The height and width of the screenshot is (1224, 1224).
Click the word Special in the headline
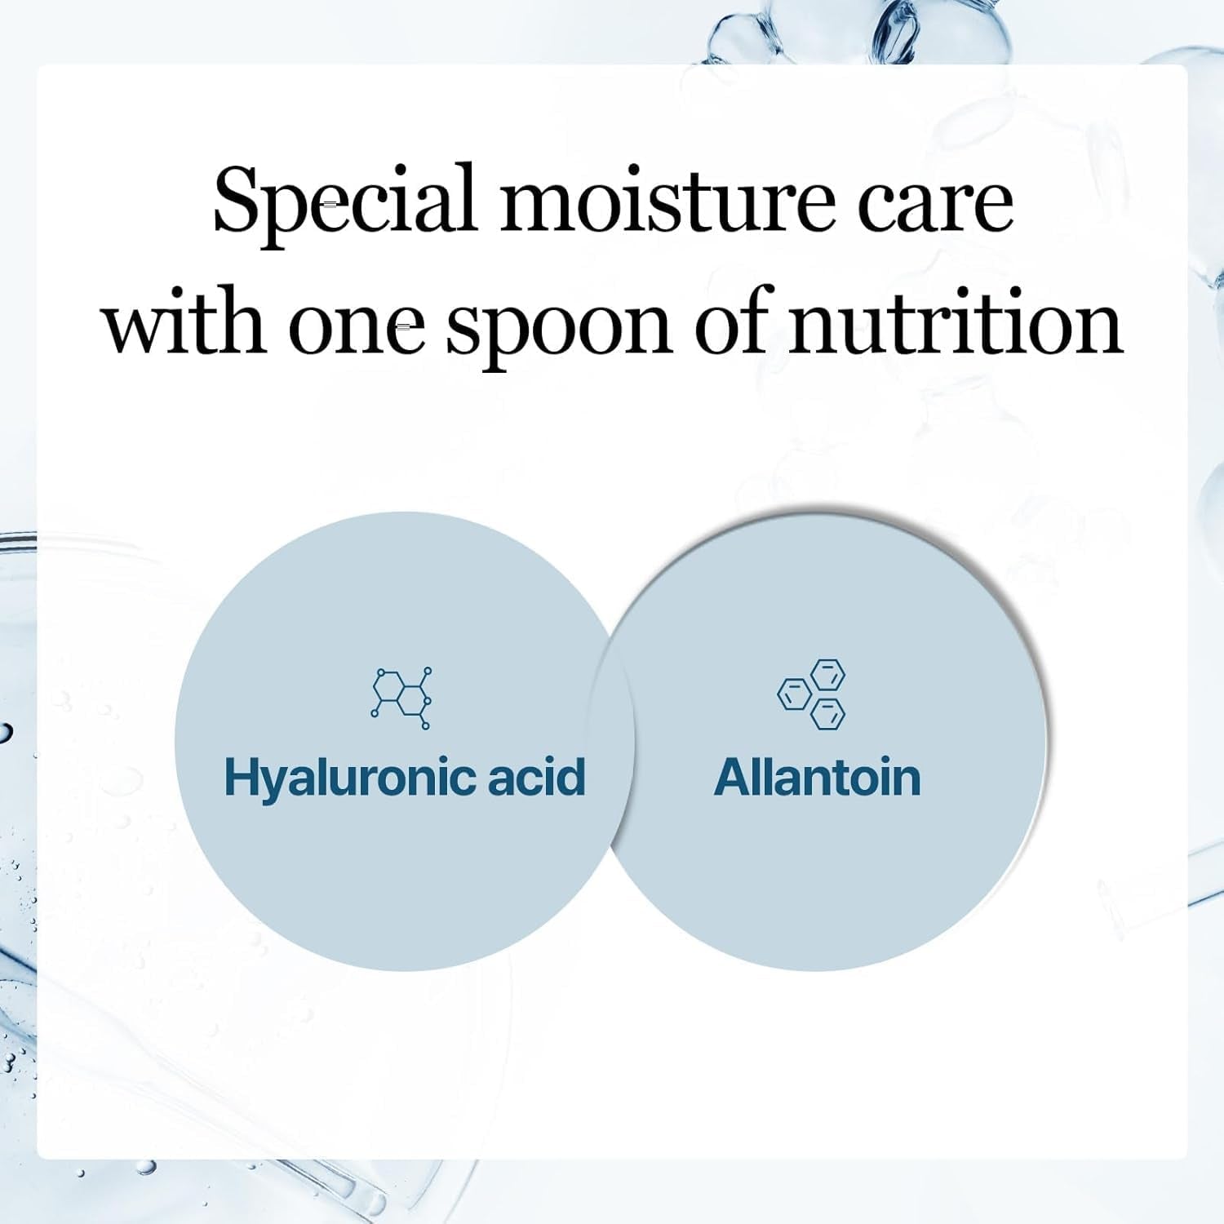click(344, 200)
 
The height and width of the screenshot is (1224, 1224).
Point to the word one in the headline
click(357, 325)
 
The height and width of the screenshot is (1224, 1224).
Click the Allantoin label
click(817, 777)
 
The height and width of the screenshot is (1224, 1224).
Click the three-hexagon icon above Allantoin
click(812, 694)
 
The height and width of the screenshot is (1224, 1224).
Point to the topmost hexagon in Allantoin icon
click(828, 675)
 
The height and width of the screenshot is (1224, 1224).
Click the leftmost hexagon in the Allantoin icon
click(794, 694)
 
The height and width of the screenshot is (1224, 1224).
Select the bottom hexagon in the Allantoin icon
click(828, 713)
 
